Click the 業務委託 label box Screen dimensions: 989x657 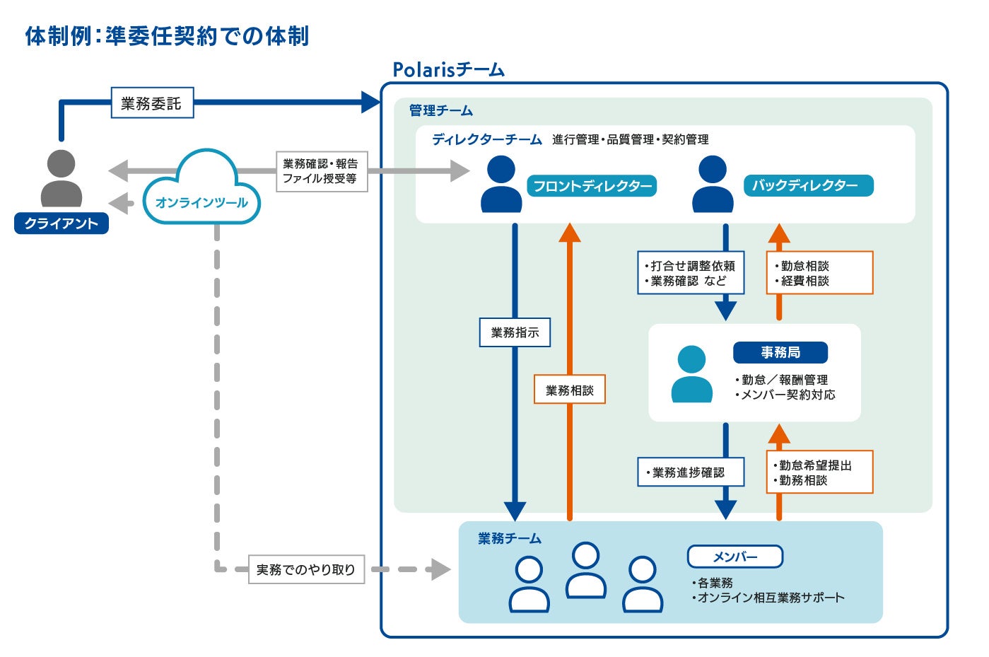tap(152, 103)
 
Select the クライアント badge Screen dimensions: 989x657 tap(62, 223)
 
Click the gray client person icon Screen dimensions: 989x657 tap(62, 178)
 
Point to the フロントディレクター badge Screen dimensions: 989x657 tap(592, 185)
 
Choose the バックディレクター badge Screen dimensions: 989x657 tap(809, 185)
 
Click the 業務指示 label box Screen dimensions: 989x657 tap(515, 332)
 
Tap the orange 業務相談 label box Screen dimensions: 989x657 tap(570, 389)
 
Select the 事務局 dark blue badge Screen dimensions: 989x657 tap(780, 352)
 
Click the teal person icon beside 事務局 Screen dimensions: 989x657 tap(691, 374)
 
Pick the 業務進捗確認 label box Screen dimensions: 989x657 tap(691, 472)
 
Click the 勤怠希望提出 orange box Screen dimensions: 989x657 tap(820, 472)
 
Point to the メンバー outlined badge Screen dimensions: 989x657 tap(735, 557)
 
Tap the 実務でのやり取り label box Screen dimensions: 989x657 tap(306, 569)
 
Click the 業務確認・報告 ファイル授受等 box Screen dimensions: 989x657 tap(322, 171)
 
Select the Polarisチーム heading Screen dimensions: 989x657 tap(449, 69)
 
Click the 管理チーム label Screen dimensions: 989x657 tap(440, 110)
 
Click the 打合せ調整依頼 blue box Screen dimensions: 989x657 tap(691, 272)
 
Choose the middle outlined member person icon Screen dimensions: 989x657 tap(586, 570)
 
